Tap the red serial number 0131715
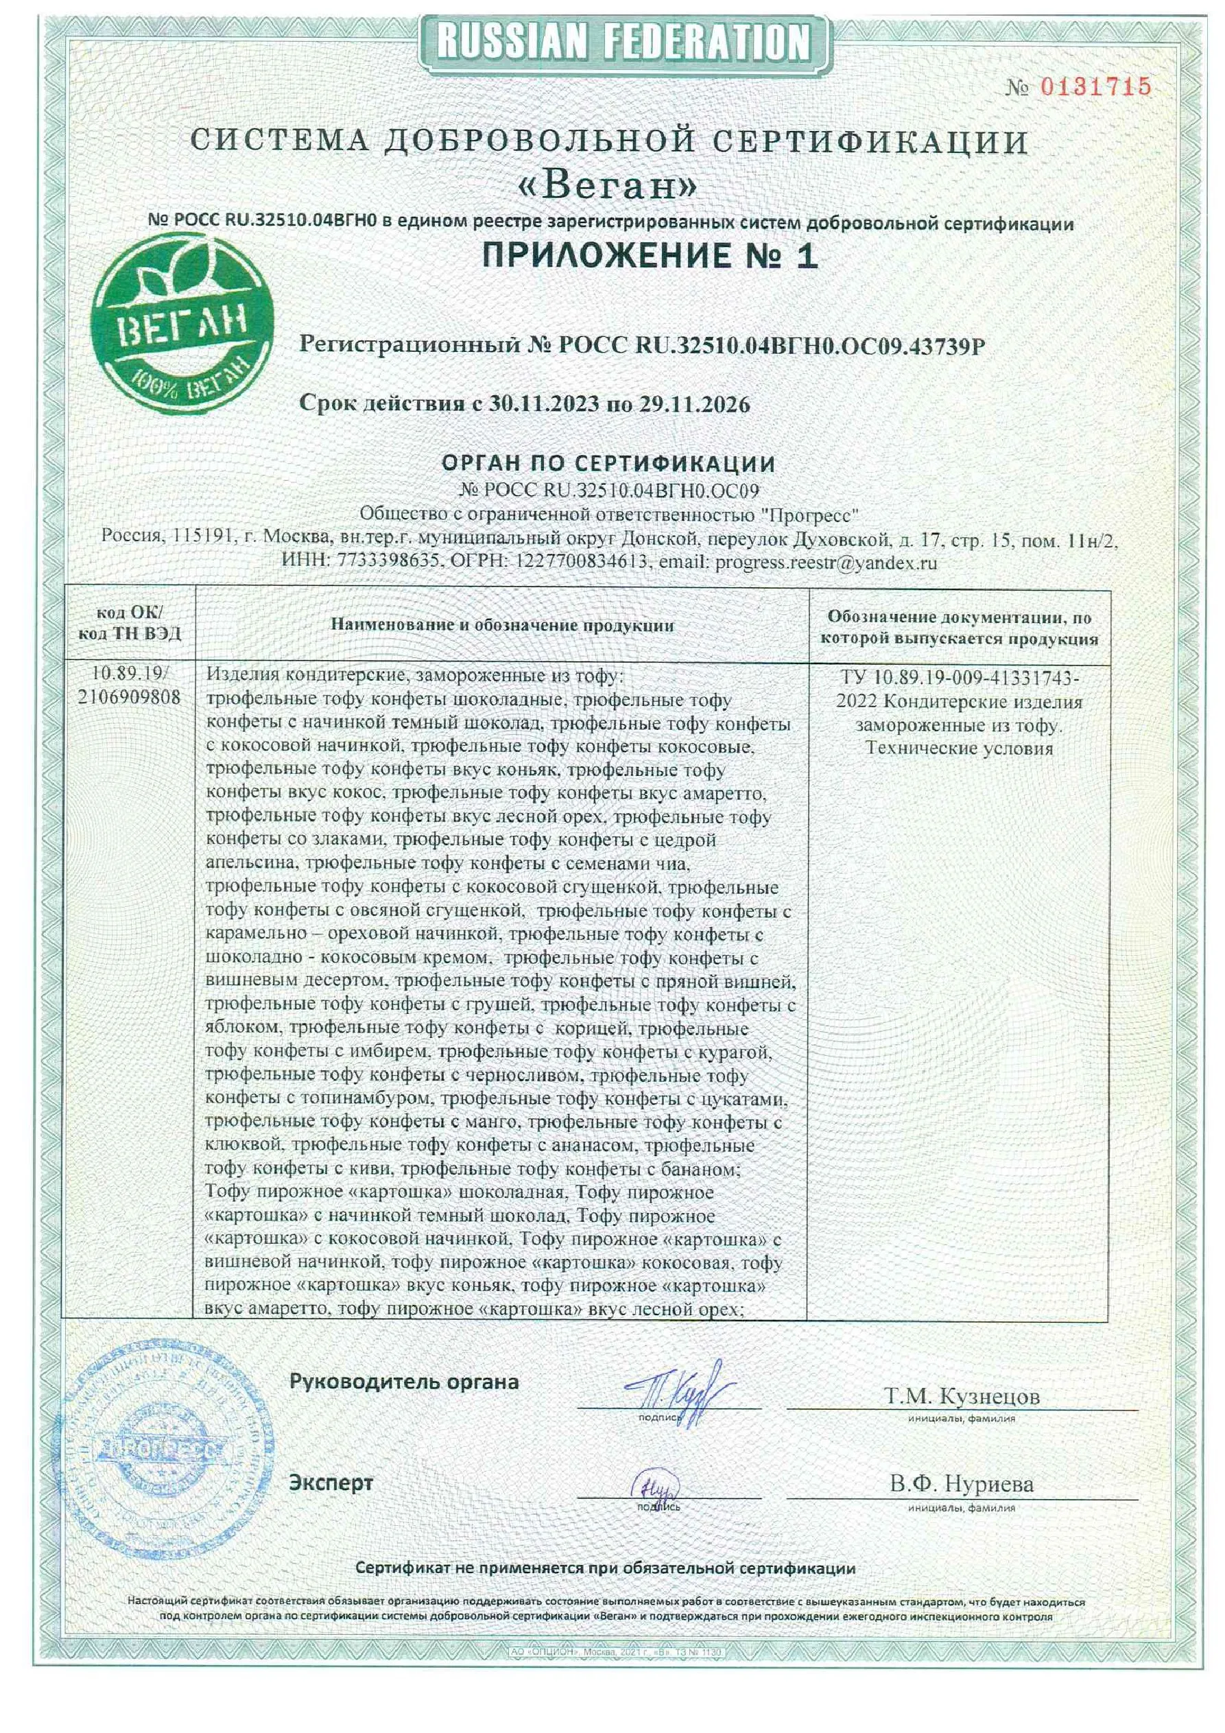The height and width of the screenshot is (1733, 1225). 1096,87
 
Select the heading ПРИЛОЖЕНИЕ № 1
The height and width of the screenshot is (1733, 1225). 649,257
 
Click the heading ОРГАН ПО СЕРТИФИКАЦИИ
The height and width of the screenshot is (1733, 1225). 608,464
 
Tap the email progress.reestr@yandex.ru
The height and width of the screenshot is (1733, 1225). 826,563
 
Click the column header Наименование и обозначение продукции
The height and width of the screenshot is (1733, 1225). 502,626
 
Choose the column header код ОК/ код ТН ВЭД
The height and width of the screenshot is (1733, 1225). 129,624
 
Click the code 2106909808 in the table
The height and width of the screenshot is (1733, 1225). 129,698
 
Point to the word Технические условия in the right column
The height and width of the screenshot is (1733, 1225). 959,748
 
